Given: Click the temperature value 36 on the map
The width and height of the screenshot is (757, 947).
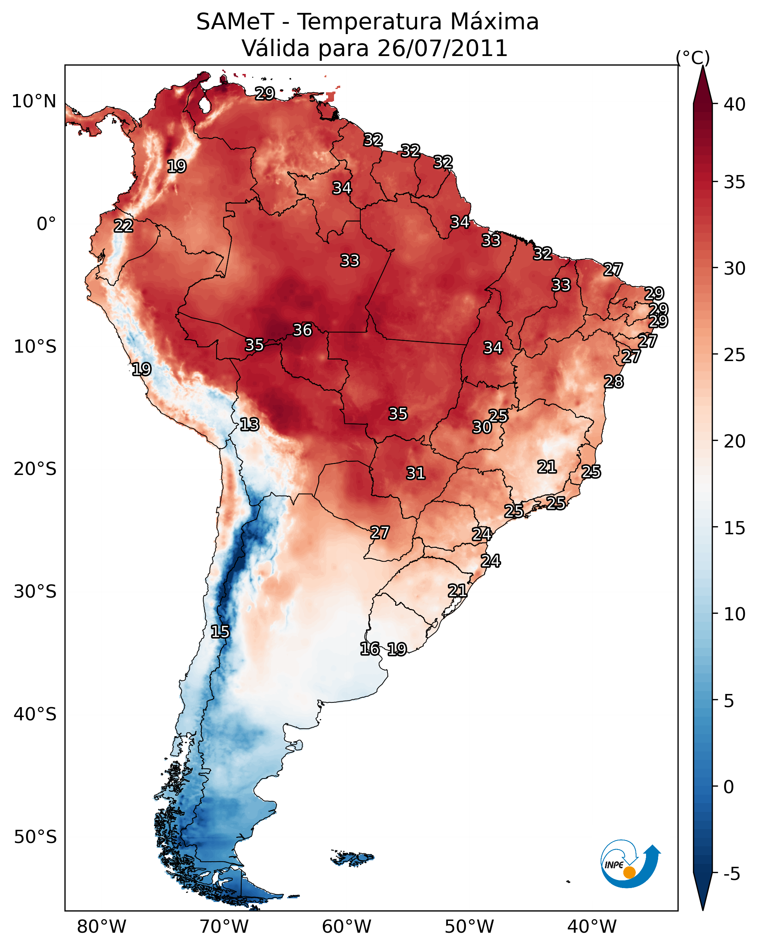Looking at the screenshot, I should coord(302,330).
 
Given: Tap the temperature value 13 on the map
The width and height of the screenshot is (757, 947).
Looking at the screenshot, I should coord(249,424).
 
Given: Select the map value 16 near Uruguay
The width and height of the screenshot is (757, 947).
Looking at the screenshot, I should coord(370,649).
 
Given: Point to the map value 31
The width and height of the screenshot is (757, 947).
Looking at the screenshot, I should coord(416,473).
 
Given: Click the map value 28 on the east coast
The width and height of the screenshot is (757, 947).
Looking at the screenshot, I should coord(614,382).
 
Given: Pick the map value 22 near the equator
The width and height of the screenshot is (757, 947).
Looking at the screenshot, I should coord(123,226).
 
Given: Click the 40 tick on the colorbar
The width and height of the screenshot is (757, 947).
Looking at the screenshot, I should coord(735,104).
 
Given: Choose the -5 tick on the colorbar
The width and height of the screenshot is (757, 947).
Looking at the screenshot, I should coord(731,874).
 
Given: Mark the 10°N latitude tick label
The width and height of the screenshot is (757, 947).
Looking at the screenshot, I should coord(34,101).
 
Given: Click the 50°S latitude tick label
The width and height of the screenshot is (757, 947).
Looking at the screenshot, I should coord(35,837).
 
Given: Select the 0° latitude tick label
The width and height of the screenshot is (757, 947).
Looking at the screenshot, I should coord(46,224).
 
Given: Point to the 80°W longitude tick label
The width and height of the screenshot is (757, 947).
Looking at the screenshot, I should coord(101,927).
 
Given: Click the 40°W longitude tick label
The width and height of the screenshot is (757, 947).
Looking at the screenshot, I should coord(592,927).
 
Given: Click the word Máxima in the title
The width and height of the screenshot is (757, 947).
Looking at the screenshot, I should coord(494,22).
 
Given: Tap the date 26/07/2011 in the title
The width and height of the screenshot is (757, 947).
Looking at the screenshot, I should coord(442,48).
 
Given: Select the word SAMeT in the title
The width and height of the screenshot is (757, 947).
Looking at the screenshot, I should coord(235,22).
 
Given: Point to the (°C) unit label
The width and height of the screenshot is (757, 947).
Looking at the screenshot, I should coord(693,57).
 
